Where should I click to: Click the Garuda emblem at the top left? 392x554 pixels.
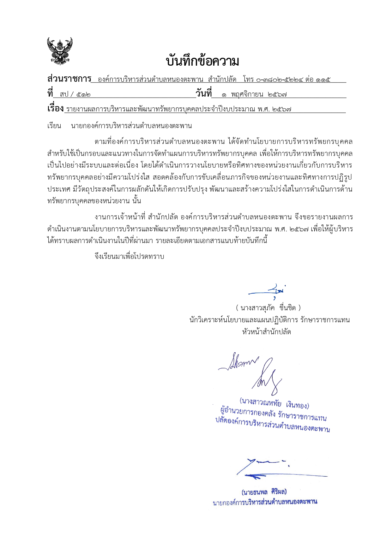[60, 51]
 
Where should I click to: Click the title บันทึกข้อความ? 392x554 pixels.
[202, 61]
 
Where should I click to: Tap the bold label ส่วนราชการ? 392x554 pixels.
[69, 79]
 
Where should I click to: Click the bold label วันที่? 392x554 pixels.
[203, 93]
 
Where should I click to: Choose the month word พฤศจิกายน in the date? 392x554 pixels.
[247, 94]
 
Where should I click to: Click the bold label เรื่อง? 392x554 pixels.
[56, 109]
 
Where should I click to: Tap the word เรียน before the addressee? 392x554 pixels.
[54, 126]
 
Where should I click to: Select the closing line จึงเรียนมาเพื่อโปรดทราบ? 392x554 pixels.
[129, 256]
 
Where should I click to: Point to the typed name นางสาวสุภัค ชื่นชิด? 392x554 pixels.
[268, 307]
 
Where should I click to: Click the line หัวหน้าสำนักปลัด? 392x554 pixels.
[267, 332]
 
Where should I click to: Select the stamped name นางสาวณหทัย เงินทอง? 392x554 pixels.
[274, 403]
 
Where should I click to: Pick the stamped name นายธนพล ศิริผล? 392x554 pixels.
[264, 492]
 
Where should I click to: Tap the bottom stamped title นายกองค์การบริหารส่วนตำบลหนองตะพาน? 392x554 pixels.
[265, 502]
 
